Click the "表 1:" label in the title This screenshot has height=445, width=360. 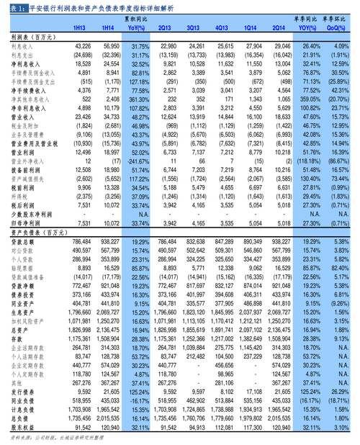[11, 7]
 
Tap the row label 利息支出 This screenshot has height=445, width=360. [23, 54]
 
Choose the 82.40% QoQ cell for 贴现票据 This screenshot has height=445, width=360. [337, 266]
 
